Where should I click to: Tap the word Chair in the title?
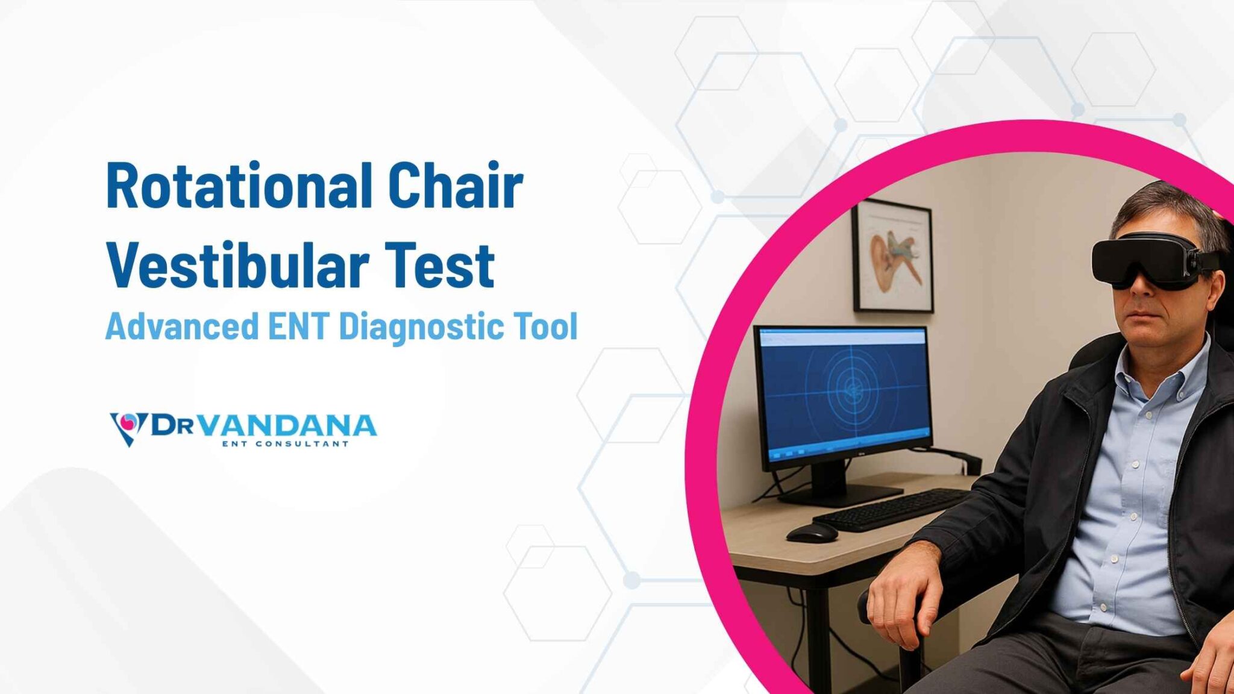point(455,186)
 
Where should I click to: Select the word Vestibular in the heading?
point(237,266)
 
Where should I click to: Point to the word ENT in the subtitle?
point(298,327)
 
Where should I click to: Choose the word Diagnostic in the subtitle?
point(421,327)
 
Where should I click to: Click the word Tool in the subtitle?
point(546,327)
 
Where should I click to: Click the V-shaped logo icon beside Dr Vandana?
point(128,427)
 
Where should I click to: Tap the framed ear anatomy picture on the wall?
point(893,257)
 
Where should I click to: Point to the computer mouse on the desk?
point(812,533)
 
